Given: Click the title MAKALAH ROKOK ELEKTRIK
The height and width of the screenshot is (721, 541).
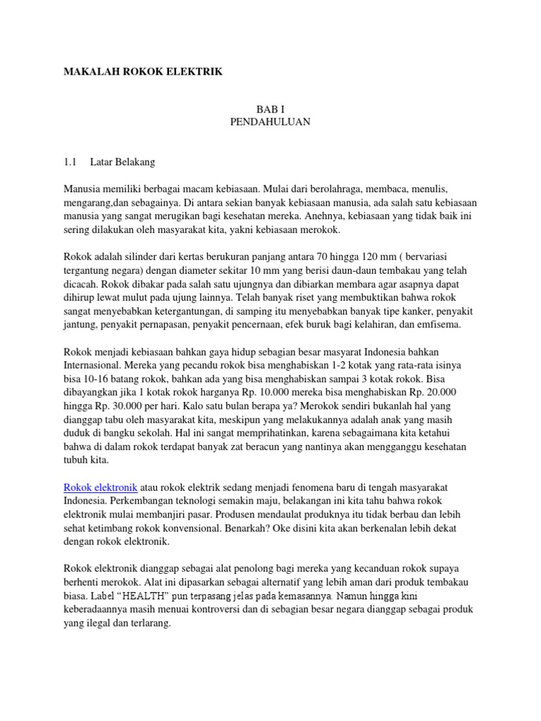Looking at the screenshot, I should point(144,71).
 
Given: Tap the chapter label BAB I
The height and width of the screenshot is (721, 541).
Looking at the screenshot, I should point(270,109).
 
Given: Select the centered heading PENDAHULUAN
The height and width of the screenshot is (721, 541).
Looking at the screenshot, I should point(270,122).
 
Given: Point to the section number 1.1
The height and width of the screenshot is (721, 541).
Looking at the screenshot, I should point(70,162).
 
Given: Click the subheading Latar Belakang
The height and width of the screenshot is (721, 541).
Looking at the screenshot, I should point(122,162).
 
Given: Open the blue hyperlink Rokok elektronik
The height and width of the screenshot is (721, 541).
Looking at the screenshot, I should point(101,487).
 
